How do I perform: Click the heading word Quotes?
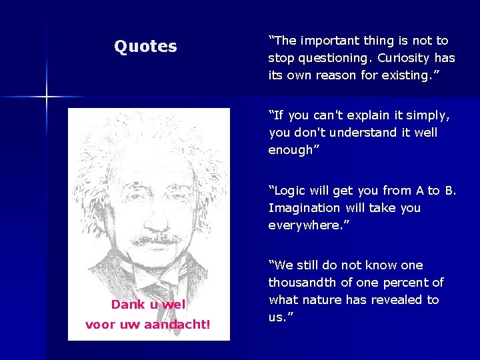pos(145,47)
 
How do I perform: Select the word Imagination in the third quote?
pos(304,208)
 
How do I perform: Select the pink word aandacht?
pos(177,325)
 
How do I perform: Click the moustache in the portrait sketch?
pos(157,238)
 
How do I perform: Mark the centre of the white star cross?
pos(47,97)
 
